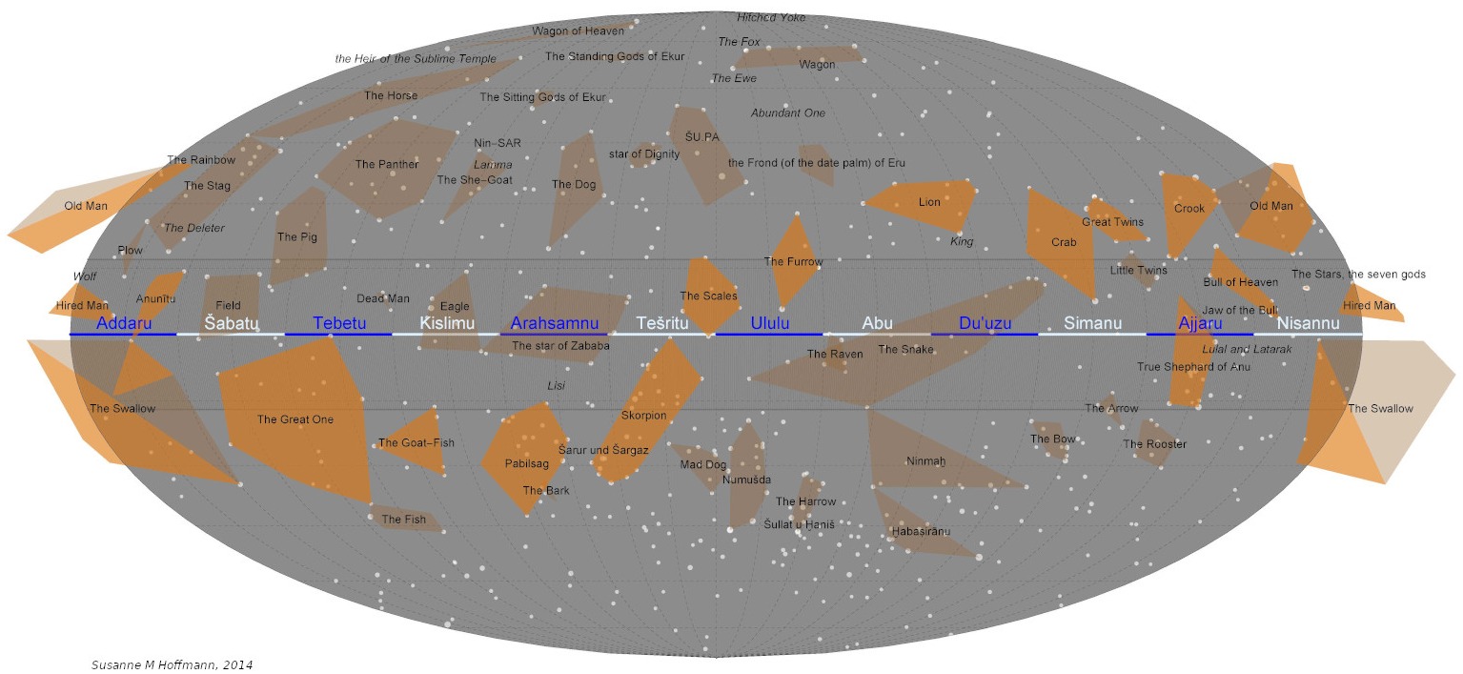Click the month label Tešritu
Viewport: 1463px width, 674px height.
[661, 324]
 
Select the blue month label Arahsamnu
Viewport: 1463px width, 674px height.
[555, 324]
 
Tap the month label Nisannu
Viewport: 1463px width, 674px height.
[1308, 323]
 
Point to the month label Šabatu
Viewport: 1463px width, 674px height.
[232, 324]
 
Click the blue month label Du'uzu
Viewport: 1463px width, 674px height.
[985, 324]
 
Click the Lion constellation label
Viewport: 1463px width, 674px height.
[929, 202]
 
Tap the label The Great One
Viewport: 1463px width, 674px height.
[295, 419]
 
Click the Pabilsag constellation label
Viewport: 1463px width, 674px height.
[527, 464]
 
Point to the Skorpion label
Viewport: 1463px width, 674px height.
[644, 416]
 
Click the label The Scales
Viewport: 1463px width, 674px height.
[708, 296]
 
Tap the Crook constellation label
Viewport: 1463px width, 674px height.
[1189, 209]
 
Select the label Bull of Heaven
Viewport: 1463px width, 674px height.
[1240, 282]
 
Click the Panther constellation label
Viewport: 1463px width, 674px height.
[387, 165]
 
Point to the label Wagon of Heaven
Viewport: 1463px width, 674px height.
[578, 31]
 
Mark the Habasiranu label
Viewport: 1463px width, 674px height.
[921, 531]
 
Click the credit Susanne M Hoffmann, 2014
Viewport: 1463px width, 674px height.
[173, 664]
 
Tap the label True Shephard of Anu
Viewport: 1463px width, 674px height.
[1193, 367]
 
